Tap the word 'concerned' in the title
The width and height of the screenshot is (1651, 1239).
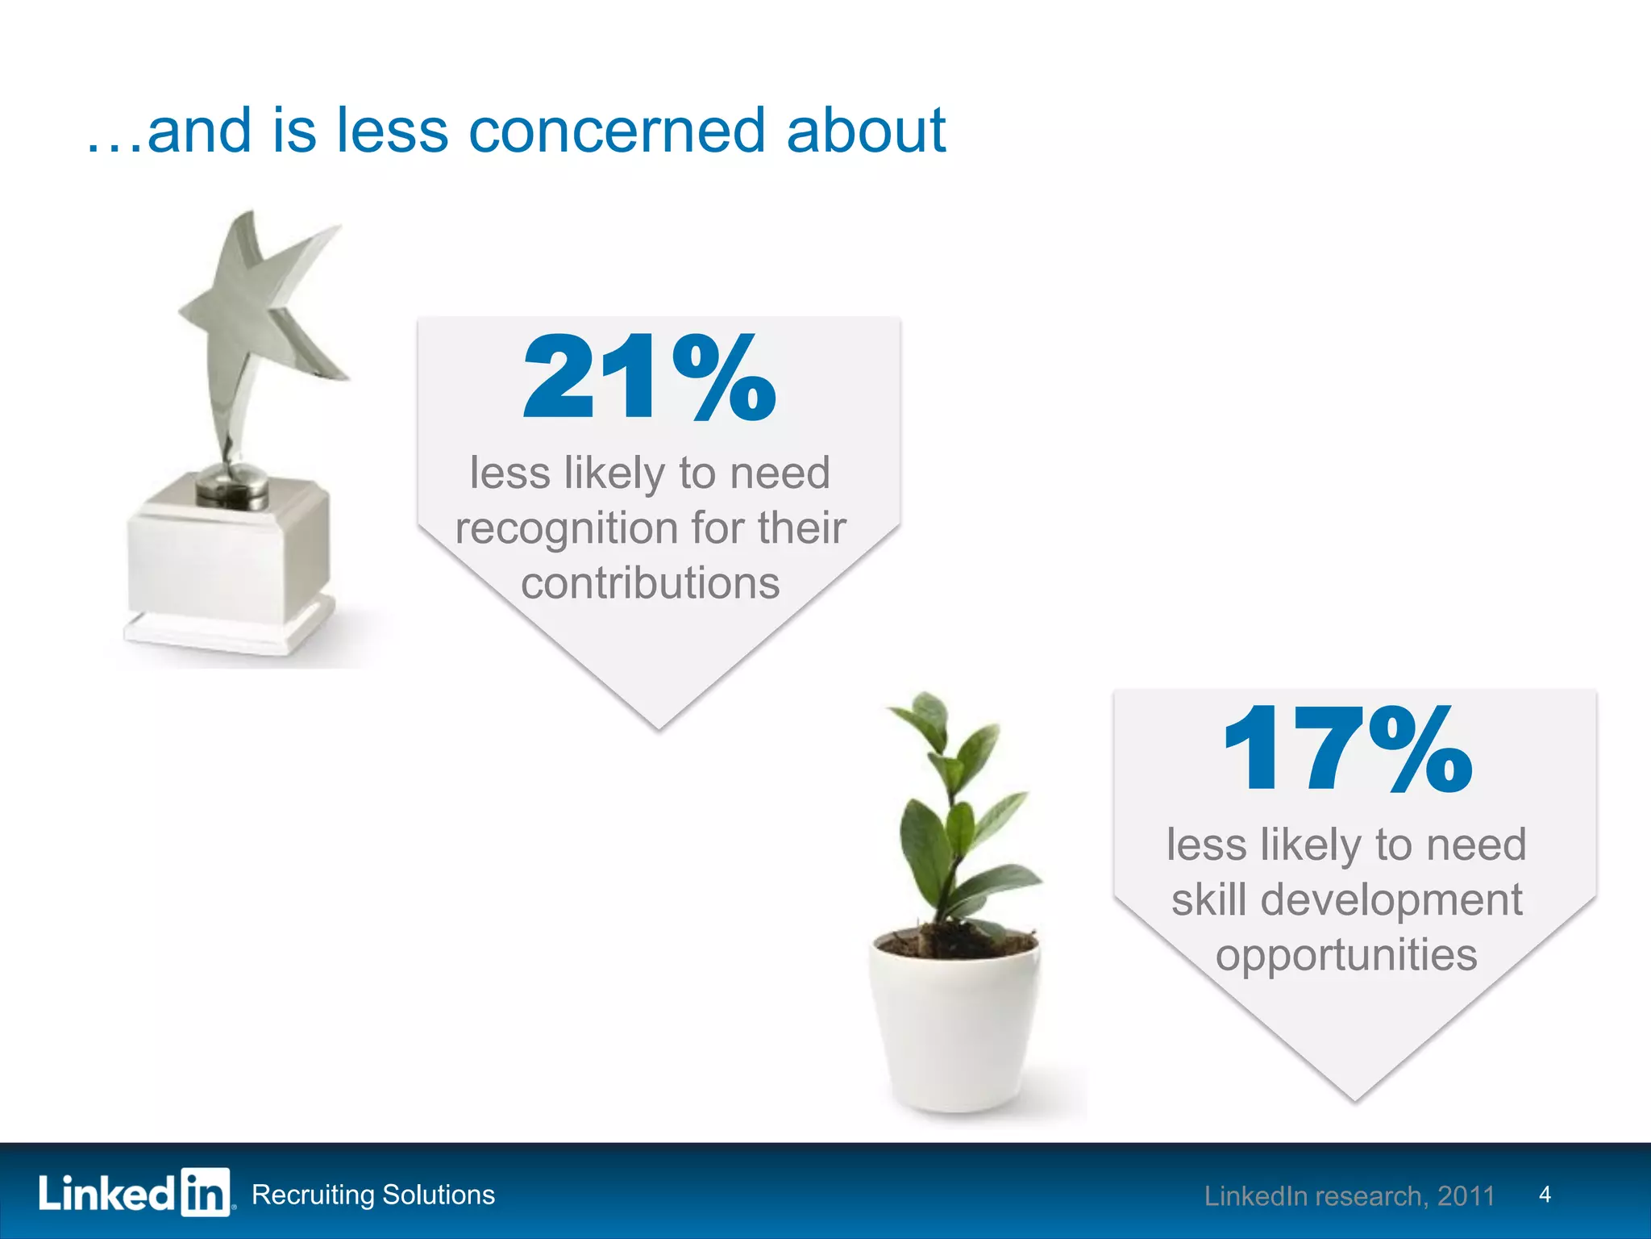click(x=616, y=131)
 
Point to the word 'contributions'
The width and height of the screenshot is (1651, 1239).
click(x=650, y=583)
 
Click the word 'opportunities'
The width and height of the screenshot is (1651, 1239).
click(x=1346, y=956)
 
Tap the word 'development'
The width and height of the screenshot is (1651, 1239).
click(x=1391, y=900)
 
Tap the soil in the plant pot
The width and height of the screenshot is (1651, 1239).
click(x=955, y=941)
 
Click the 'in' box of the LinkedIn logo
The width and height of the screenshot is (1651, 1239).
click(x=205, y=1192)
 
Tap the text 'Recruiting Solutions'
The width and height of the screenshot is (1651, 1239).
click(x=373, y=1195)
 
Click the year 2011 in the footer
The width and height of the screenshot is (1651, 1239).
click(x=1466, y=1196)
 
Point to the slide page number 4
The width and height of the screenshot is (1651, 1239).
click(x=1545, y=1195)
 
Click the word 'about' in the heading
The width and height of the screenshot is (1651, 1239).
click(x=865, y=131)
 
